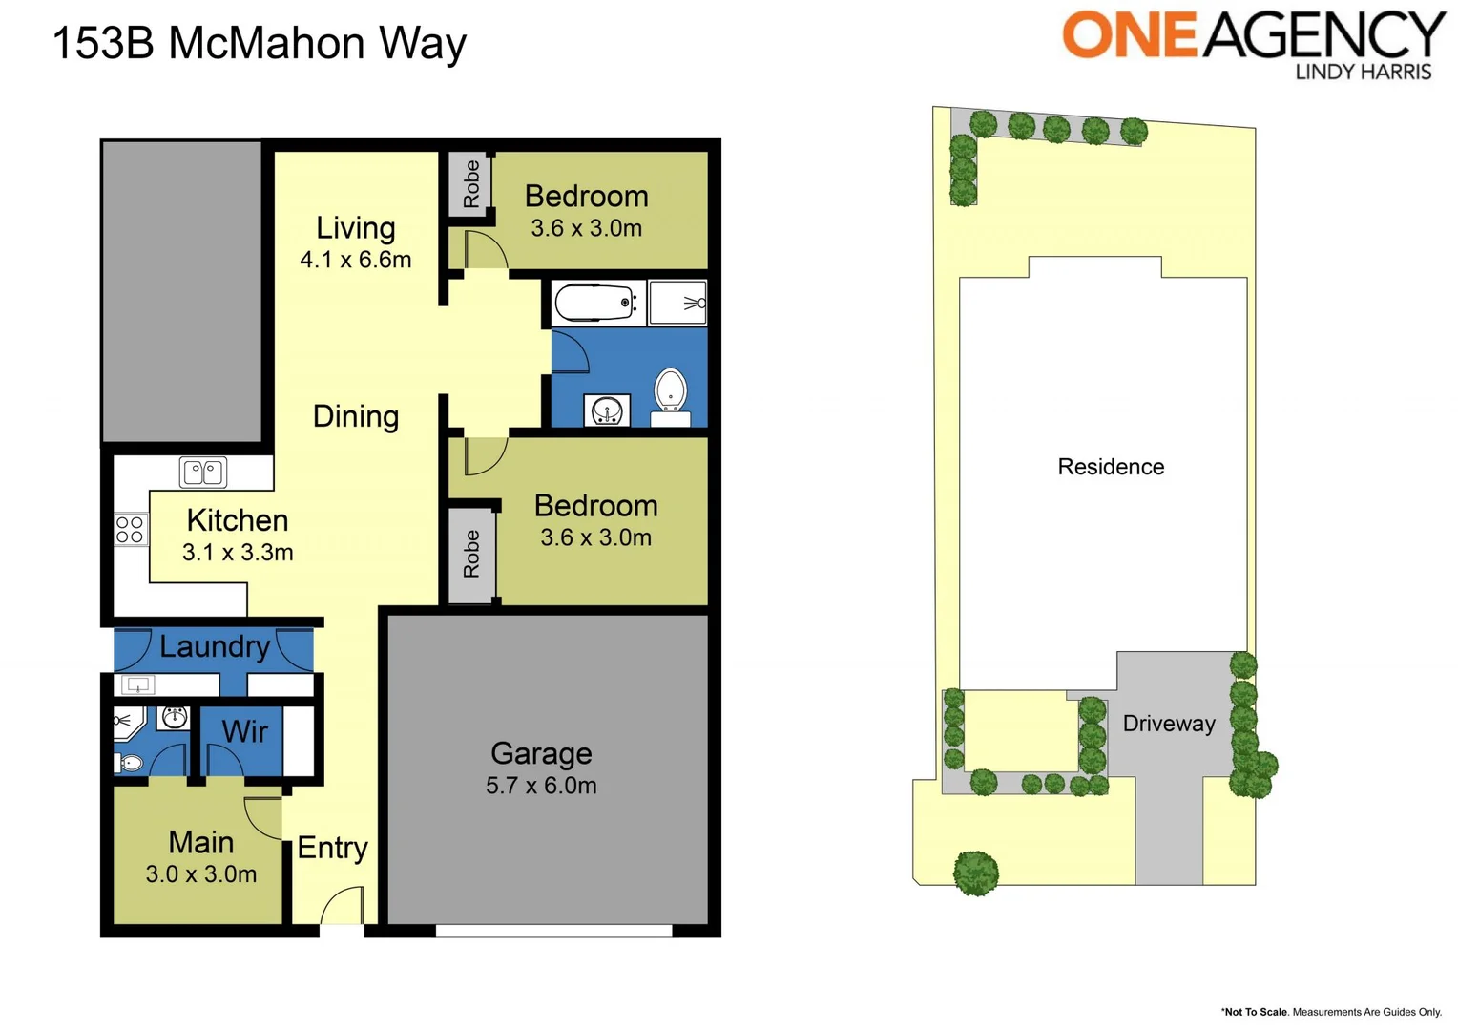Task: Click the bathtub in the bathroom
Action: coord(594,304)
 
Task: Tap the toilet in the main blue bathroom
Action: coord(671,391)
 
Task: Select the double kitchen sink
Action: coord(203,472)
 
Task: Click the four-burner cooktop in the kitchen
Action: coord(130,530)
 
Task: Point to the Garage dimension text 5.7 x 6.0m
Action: coord(541,786)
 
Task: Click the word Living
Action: coord(355,228)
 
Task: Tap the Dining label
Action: coord(356,416)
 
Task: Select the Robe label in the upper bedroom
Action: coord(471,183)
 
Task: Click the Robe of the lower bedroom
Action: coord(471,554)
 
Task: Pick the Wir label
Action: coord(244,732)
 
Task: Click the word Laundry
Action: coord(215,646)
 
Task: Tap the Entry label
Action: coord(332,848)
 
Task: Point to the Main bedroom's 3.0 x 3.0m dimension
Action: coord(201,874)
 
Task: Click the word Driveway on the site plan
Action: coord(1169,724)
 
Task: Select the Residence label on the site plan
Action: coord(1111,467)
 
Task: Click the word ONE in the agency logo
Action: coord(1130,35)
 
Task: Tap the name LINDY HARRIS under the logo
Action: coord(1363,72)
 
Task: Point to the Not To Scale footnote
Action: coord(1331,1012)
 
